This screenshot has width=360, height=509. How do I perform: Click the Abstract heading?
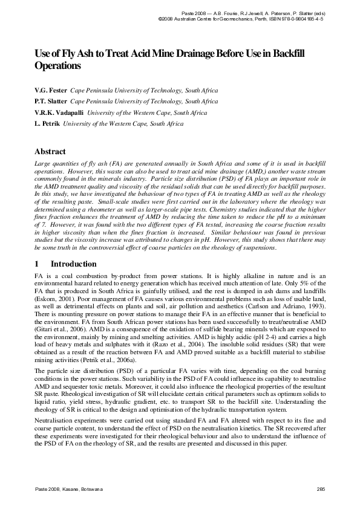(50, 152)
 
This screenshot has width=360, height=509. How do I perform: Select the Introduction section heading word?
(73, 264)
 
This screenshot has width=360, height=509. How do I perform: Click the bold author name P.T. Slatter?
(51, 102)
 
